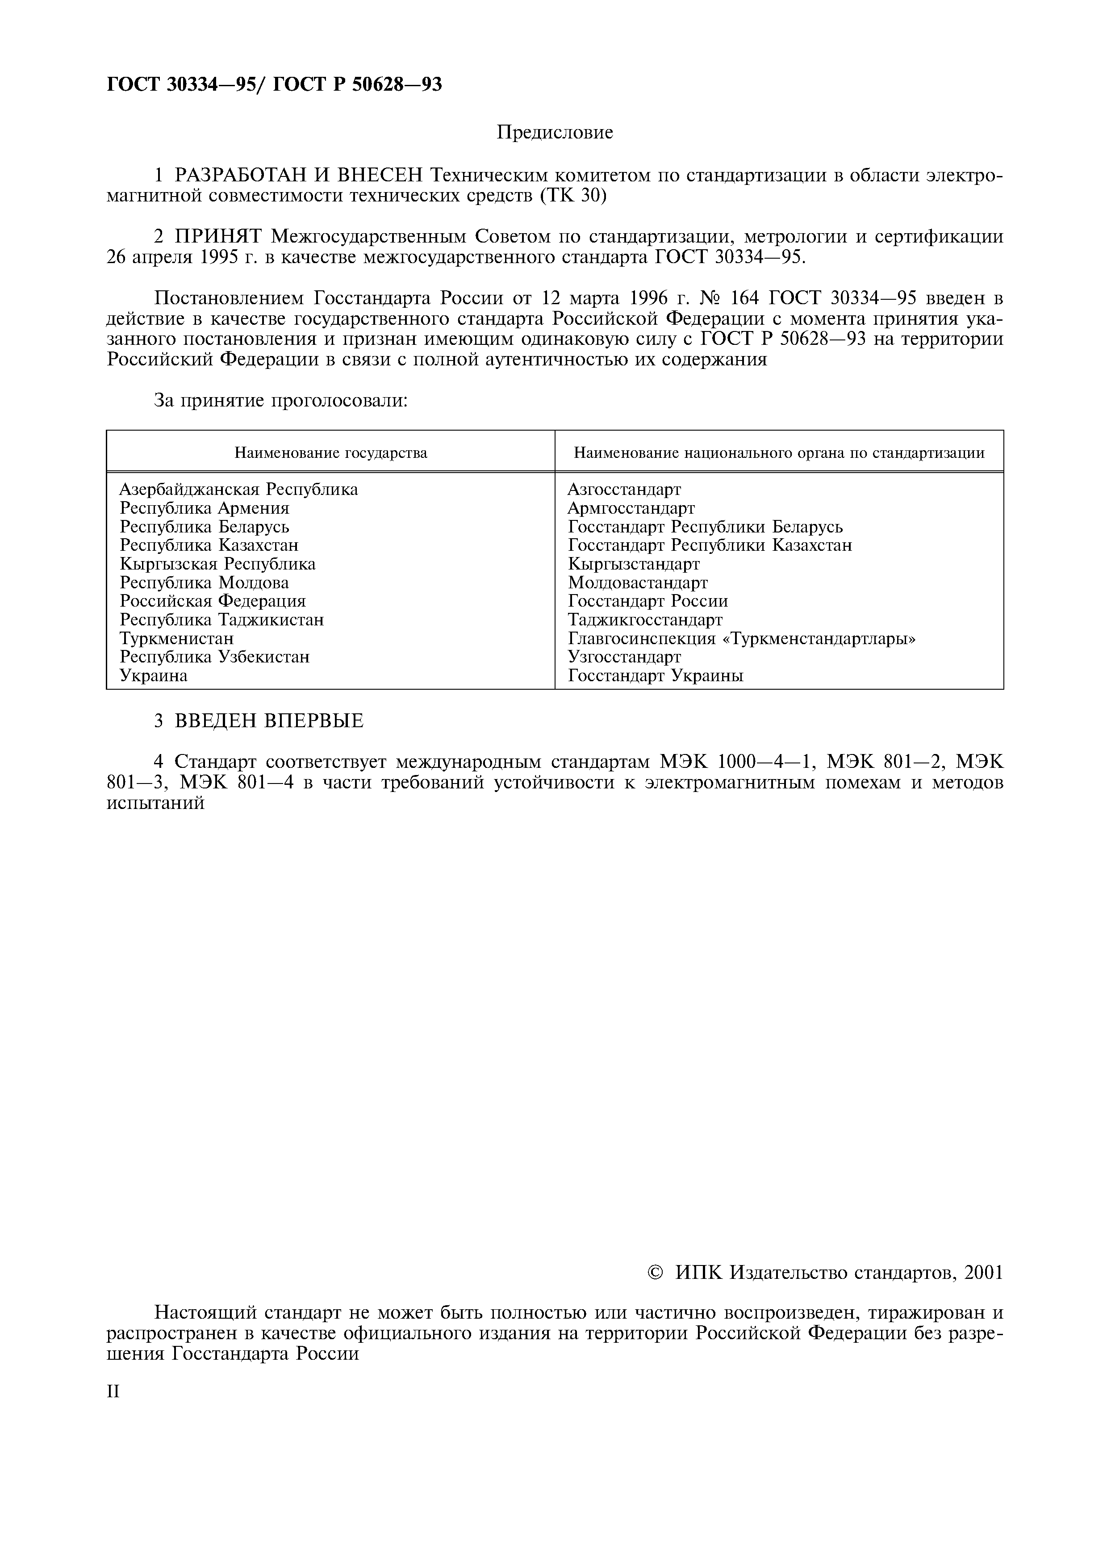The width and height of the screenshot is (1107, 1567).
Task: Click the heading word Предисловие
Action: (x=555, y=132)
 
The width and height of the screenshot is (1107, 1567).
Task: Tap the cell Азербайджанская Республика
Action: (x=239, y=489)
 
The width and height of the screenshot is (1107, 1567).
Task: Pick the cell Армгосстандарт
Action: (x=631, y=508)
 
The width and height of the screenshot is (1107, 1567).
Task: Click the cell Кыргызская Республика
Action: (x=217, y=564)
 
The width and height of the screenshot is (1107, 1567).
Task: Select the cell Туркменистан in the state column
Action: (x=177, y=639)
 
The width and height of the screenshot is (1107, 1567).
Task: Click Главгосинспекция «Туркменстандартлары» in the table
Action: (x=741, y=639)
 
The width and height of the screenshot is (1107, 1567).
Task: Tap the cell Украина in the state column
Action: (x=154, y=676)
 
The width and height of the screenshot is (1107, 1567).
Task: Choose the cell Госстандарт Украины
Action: (x=656, y=676)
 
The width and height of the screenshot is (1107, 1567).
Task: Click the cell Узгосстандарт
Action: (x=624, y=657)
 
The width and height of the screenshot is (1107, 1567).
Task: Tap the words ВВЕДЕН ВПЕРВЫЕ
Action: (x=269, y=721)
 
